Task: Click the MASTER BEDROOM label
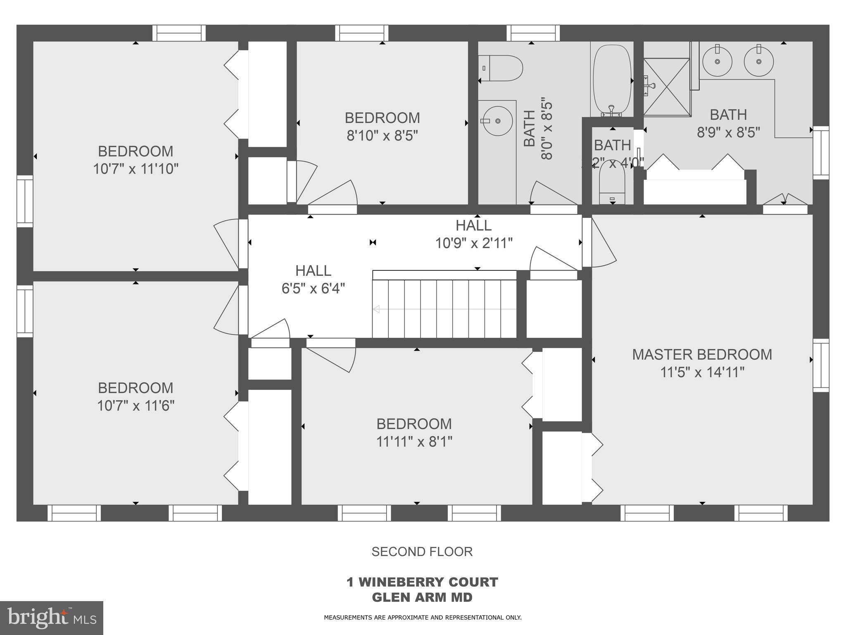(702, 355)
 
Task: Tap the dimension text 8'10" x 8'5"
(382, 136)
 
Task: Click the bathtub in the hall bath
(612, 80)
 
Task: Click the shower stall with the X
(667, 87)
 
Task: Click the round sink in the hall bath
(497, 121)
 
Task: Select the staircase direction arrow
(377, 309)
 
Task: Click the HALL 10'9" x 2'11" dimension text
(474, 243)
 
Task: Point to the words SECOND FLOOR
(422, 551)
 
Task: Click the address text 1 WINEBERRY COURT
(422, 582)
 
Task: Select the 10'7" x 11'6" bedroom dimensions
(135, 406)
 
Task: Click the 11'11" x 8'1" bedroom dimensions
(414, 442)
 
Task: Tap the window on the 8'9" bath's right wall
(821, 153)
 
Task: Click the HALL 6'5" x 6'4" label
(313, 279)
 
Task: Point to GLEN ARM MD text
(422, 597)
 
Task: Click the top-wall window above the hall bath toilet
(533, 33)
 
